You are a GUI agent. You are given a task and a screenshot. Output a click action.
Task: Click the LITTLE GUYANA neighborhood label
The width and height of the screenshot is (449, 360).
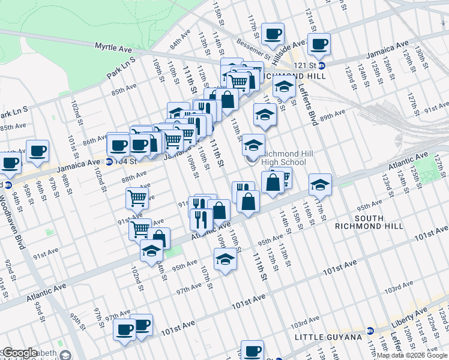[328, 338]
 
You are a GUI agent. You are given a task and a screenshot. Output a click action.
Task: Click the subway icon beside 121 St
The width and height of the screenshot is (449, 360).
[321, 65]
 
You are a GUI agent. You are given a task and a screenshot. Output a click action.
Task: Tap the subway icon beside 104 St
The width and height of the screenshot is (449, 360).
[109, 161]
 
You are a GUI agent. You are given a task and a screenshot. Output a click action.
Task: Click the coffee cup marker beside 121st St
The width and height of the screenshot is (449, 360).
[319, 43]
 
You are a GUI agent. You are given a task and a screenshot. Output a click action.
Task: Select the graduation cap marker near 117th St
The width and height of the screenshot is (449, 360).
[321, 184]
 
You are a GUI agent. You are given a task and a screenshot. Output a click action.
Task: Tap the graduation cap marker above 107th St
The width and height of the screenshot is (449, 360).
[225, 259]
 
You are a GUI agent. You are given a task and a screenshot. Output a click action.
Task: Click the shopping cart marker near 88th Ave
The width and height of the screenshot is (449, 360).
[137, 197]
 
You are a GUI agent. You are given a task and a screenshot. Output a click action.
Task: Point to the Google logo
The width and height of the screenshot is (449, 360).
[20, 353]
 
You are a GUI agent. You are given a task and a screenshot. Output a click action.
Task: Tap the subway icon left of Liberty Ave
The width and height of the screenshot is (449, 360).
[370, 330]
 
